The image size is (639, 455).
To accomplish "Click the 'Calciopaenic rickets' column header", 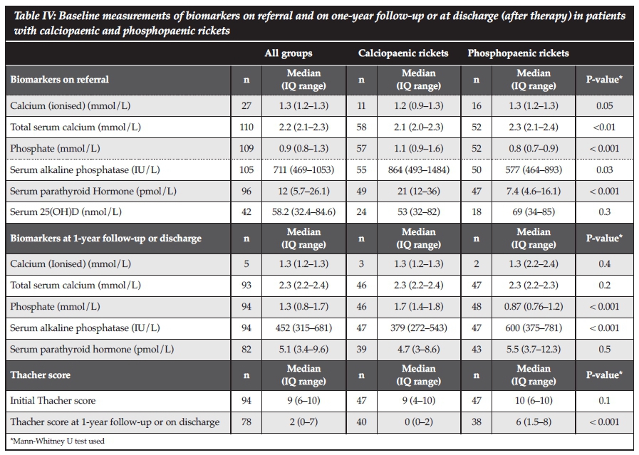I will (402, 53).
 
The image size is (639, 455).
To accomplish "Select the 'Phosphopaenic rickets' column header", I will (518, 53).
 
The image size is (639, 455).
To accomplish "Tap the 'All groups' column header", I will (289, 53).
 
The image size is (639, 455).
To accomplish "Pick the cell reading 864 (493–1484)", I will (418, 170).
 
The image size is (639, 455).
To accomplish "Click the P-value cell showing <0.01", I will (603, 127).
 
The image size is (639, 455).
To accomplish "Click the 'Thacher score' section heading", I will (41, 375).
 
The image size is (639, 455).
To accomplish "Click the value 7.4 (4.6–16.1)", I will (534, 192).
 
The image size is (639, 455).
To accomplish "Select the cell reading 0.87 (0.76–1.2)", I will (534, 307).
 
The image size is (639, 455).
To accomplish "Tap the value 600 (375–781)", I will (534, 328).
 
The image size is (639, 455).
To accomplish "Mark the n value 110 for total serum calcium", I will (246, 127).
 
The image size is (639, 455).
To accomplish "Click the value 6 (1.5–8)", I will (534, 422).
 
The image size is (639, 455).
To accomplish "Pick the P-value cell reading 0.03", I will (603, 170).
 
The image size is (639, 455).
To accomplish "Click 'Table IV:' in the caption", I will (35, 16).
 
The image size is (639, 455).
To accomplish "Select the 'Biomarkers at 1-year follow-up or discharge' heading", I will (106, 238).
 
